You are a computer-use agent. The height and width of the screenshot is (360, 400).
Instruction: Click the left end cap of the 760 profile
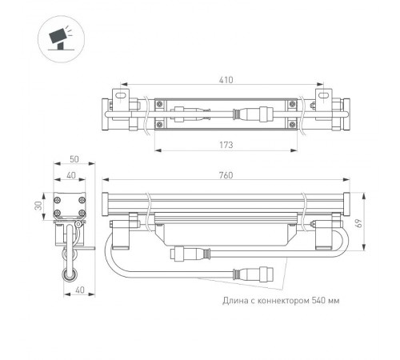pyautogui.click(x=106, y=202)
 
